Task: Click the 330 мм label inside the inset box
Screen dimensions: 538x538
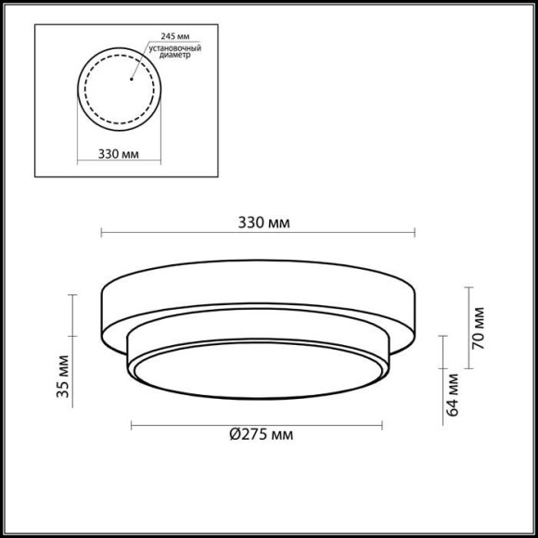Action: (x=118, y=153)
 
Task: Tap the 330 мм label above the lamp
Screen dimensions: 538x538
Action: (x=263, y=224)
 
